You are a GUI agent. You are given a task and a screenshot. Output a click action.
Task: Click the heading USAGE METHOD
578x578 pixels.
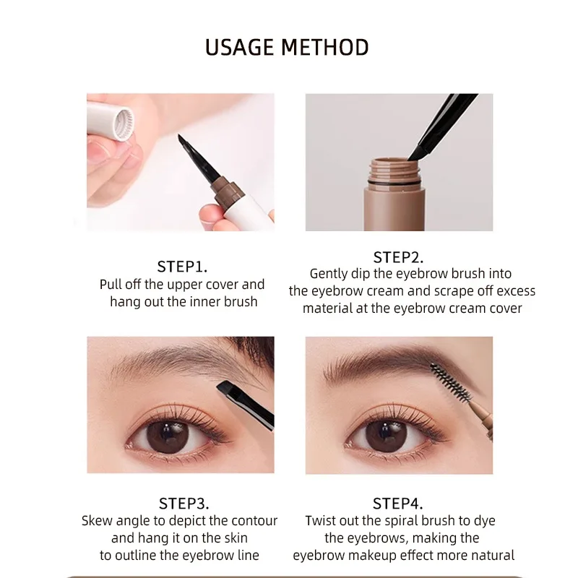coord(287,47)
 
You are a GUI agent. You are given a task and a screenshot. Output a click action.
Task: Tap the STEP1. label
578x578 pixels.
coord(183,266)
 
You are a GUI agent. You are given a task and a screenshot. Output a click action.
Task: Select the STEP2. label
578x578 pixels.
coord(398,256)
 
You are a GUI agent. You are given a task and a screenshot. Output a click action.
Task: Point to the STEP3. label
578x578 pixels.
coord(184,504)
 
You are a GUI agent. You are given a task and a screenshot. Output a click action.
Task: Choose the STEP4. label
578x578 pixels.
coord(398,504)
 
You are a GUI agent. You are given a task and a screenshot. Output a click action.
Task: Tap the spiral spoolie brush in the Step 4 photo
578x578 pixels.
coord(449,383)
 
